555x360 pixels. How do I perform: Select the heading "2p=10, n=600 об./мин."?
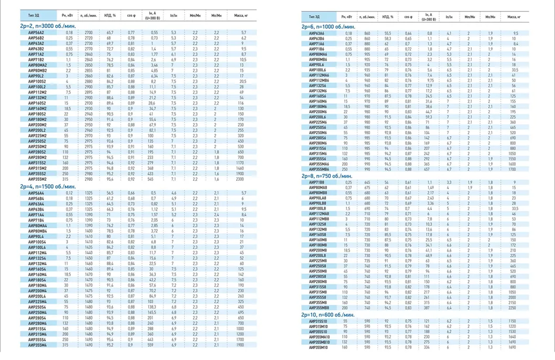(x=329, y=315)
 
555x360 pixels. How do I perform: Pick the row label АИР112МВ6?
(x=319, y=80)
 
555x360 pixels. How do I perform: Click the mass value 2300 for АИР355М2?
(x=240, y=179)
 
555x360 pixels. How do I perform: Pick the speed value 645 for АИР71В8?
(x=367, y=182)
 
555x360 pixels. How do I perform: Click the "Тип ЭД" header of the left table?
(x=36, y=16)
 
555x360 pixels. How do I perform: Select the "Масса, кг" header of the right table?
(x=514, y=17)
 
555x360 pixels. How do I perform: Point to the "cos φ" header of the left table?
(x=132, y=16)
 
